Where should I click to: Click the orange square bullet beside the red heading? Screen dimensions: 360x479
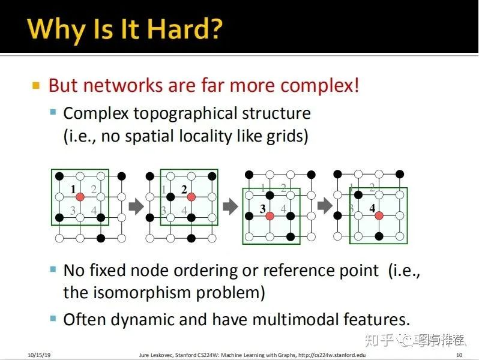36,85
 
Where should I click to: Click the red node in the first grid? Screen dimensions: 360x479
80,197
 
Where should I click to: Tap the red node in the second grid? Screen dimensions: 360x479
191,197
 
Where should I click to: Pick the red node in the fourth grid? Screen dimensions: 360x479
379,215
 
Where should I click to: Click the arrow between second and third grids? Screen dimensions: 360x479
230,206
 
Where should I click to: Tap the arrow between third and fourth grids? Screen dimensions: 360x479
325,206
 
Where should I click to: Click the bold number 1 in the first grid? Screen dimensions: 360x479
73,190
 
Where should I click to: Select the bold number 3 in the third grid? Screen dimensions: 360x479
262,208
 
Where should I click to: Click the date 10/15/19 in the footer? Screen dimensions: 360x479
39,355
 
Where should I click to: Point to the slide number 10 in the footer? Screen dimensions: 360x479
459,355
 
